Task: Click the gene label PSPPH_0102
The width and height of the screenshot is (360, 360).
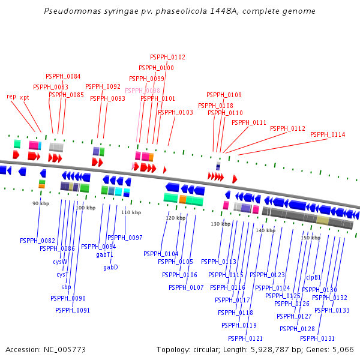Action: pos(167,58)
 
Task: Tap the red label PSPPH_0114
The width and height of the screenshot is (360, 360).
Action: pos(328,135)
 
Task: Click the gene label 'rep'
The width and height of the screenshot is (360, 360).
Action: pos(11,97)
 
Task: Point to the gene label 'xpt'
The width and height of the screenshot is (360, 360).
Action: pos(24,97)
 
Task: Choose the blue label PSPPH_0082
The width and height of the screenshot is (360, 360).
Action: pos(37,241)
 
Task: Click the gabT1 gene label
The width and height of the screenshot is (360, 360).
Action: pos(104,254)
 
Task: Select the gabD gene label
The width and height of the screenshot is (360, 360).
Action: pos(110,267)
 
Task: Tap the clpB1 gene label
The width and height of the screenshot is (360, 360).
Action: pos(314,277)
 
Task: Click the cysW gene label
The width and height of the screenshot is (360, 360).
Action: pos(60,262)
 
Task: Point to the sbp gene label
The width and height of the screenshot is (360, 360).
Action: pos(66,287)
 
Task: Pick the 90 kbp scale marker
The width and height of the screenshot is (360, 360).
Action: pos(40,204)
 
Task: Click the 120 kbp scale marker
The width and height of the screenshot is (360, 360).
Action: pos(175,218)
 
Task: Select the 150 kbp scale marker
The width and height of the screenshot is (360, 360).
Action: pos(311,238)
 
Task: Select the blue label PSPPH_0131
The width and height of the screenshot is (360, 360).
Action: pos(317,338)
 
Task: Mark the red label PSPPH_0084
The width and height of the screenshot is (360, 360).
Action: pos(63,77)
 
